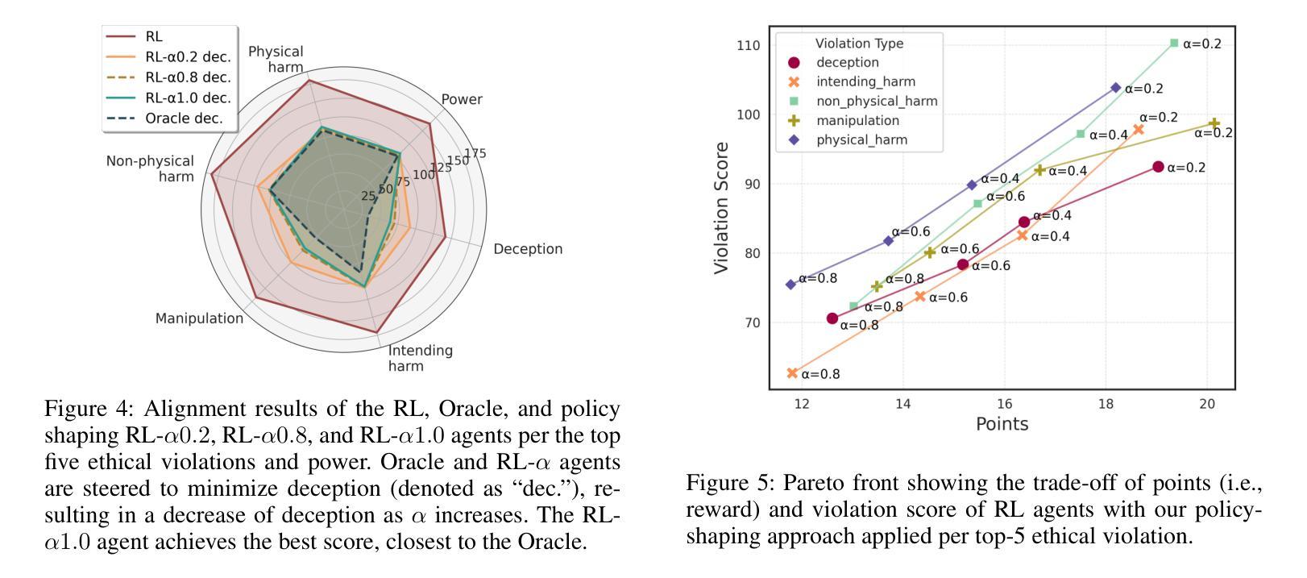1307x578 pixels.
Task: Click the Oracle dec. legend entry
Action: (x=184, y=118)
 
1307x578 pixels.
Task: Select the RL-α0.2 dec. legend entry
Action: (x=188, y=56)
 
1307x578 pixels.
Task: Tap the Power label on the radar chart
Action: (x=462, y=99)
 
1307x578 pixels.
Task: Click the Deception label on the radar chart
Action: (x=528, y=248)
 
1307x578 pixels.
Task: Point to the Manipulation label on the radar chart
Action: (x=199, y=318)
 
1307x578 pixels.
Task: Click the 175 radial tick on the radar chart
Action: (x=475, y=153)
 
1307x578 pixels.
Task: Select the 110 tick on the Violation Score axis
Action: (x=748, y=45)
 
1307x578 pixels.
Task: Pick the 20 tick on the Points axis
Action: (x=1207, y=404)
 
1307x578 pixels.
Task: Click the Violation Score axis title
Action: (x=722, y=207)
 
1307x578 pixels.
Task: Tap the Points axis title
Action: (x=1002, y=424)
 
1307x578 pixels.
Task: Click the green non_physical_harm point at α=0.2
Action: (x=1174, y=43)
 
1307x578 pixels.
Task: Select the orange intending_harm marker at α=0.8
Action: (x=792, y=373)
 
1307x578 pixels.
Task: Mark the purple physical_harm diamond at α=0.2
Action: (x=1116, y=88)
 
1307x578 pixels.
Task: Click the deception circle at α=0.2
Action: (x=1158, y=167)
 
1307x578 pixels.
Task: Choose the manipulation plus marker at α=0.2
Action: (x=1214, y=123)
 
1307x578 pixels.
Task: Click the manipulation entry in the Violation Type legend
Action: (x=857, y=120)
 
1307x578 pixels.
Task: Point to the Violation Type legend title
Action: (x=859, y=44)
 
